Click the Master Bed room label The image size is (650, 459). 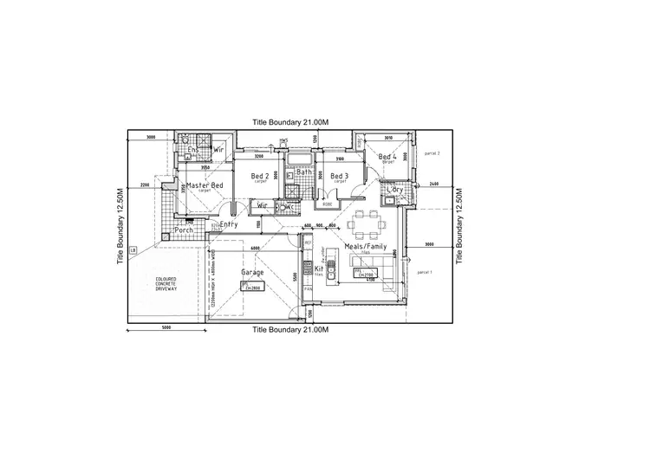205,185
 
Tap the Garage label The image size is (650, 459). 252,272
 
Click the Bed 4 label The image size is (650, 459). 387,157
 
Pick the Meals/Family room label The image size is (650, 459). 366,247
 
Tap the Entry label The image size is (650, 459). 230,224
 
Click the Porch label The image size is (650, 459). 184,229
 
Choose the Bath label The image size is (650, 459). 304,171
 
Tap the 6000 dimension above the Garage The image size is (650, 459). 254,249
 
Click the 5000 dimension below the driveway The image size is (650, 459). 166,327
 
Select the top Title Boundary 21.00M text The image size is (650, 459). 290,123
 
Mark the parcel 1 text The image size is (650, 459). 424,272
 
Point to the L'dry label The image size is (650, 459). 395,189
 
